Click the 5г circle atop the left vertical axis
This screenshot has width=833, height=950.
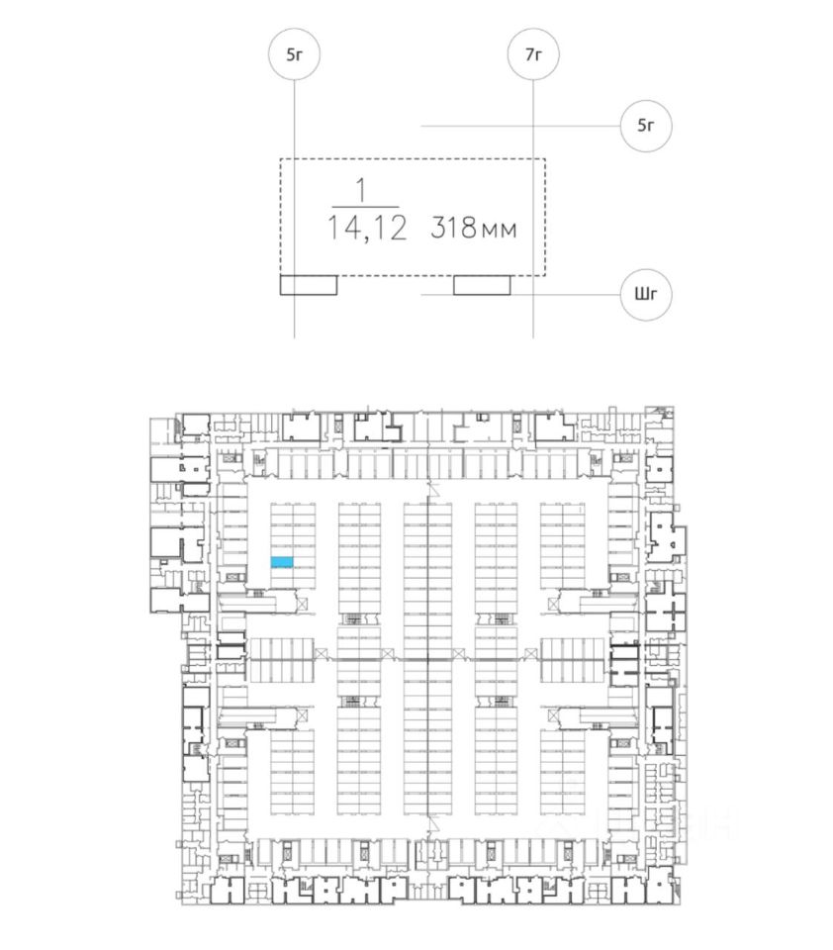(x=294, y=54)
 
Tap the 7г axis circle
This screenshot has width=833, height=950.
(x=533, y=54)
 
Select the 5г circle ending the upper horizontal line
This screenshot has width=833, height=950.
(x=647, y=126)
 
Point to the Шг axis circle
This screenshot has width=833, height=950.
(x=647, y=294)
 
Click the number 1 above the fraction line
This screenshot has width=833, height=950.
(x=361, y=188)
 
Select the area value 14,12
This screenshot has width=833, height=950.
(x=367, y=229)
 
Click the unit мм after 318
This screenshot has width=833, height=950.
(x=500, y=231)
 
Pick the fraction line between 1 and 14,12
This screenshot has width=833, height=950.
(x=362, y=207)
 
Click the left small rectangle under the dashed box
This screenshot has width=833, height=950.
(x=309, y=285)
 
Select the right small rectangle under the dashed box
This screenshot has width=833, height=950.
(x=482, y=285)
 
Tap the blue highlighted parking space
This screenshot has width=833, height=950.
(x=282, y=562)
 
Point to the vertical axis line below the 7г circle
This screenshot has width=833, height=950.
(x=533, y=119)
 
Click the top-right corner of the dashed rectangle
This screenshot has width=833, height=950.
(x=544, y=158)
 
